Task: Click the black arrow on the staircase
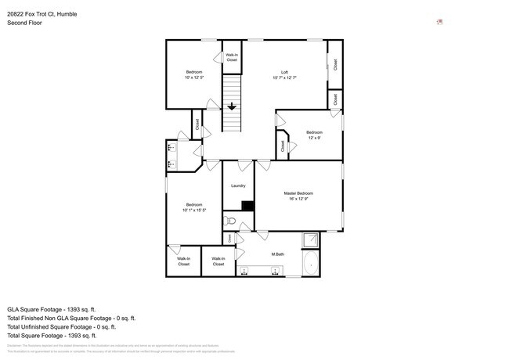[232, 107]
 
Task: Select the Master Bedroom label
[298, 196]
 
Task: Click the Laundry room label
[238, 185]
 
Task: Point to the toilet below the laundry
[229, 221]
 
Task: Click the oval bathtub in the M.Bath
[311, 263]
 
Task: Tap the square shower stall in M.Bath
[311, 240]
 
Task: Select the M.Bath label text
[277, 254]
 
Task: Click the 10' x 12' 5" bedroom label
[193, 75]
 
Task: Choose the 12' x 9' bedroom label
[314, 135]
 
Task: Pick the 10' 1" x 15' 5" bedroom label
[193, 207]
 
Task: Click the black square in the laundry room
[247, 206]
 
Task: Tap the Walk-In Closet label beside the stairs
[232, 57]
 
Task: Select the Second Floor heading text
[25, 23]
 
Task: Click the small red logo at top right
[440, 22]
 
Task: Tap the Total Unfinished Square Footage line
[70, 326]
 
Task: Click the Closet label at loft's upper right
[334, 64]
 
